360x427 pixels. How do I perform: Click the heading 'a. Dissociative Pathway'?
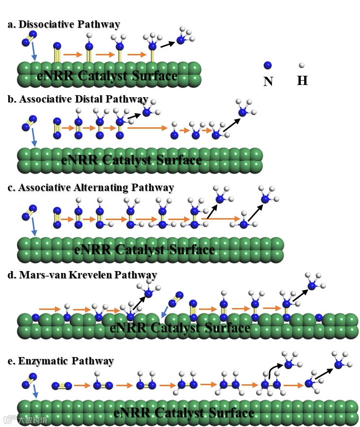pyautogui.click(x=64, y=24)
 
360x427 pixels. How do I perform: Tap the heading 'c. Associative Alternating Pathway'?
pyautogui.click(x=91, y=188)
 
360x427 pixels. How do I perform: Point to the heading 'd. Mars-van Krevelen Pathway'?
pyautogui.click(x=82, y=275)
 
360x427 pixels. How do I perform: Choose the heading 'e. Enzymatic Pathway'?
pyautogui.click(x=61, y=361)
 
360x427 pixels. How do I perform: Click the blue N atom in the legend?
pyautogui.click(x=267, y=65)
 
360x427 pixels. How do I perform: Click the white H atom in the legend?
pyautogui.click(x=302, y=65)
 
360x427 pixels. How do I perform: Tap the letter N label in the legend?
pyautogui.click(x=268, y=82)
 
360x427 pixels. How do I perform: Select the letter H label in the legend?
pyautogui.click(x=302, y=81)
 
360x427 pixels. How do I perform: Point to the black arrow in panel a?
pyautogui.click(x=167, y=44)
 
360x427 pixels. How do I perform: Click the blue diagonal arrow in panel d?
pyautogui.click(x=165, y=311)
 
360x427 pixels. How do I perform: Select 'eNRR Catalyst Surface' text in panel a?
pyautogui.click(x=107, y=76)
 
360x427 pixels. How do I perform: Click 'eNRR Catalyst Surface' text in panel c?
pyautogui.click(x=144, y=250)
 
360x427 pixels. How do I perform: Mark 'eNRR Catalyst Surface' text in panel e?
pyautogui.click(x=184, y=413)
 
